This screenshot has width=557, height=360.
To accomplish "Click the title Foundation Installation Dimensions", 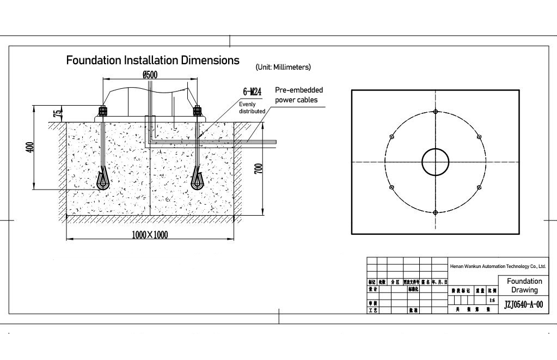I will (152, 59).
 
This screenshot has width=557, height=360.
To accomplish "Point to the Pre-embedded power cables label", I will (298, 95).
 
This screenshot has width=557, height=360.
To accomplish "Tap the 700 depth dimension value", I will (259, 169).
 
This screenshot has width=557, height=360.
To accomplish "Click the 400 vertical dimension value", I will (30, 147).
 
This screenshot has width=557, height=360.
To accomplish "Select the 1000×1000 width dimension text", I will (150, 235).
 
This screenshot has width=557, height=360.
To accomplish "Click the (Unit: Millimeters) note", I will (283, 67).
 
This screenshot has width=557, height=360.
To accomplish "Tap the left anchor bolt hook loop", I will (102, 181).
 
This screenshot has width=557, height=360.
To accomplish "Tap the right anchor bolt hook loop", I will (198, 180).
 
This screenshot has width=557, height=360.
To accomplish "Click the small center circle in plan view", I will (436, 162).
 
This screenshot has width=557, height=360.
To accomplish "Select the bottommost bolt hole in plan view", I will (436, 212).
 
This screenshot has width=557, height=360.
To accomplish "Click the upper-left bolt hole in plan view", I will (392, 137).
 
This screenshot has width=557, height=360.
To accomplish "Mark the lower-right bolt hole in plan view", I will (479, 187).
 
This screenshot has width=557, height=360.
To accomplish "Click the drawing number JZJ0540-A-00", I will (524, 305).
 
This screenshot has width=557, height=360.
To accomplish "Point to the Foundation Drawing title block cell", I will (524, 285).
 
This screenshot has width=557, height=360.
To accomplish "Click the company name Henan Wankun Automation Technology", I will (498, 266).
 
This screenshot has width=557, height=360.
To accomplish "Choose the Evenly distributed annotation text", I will (252, 107).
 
